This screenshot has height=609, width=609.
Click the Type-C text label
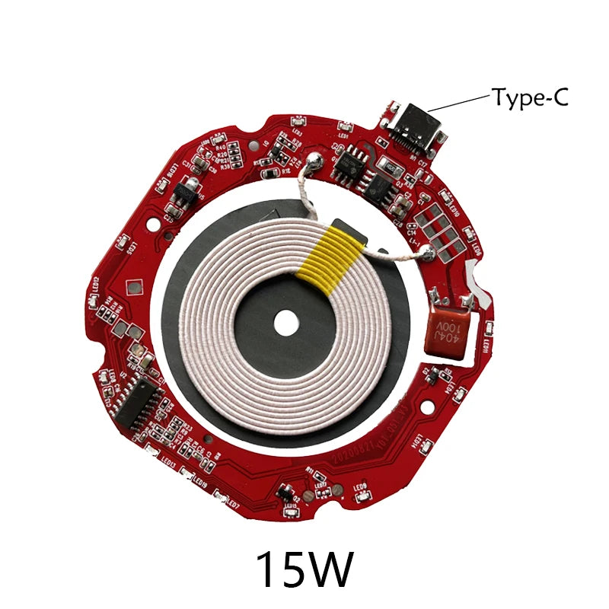pyautogui.click(x=530, y=97)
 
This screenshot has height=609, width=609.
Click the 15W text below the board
pyautogui.click(x=304, y=569)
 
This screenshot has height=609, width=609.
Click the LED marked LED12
pyautogui.click(x=91, y=301)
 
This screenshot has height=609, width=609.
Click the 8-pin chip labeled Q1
pyautogui.click(x=351, y=162)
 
